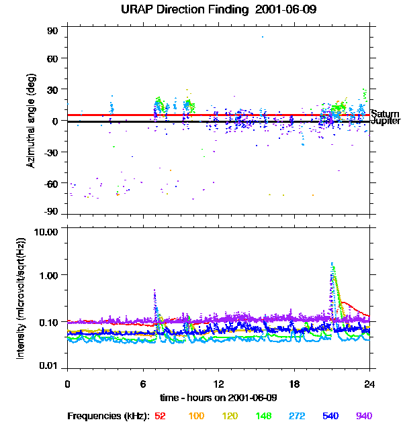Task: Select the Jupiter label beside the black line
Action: point(386,121)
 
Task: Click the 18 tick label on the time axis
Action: point(294,384)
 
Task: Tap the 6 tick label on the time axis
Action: point(143,384)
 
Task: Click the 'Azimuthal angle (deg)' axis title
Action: point(30,121)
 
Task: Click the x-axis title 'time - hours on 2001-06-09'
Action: point(218,398)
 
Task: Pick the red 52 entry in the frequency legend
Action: point(160,417)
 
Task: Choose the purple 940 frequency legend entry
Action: point(363,417)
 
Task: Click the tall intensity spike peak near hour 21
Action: point(332,264)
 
